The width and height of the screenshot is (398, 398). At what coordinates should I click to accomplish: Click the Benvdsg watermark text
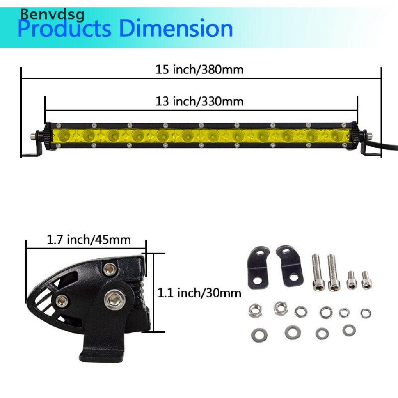(x=52, y=15)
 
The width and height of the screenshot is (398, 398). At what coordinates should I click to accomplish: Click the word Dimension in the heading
(x=176, y=28)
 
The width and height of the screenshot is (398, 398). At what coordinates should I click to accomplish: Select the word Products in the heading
(x=65, y=29)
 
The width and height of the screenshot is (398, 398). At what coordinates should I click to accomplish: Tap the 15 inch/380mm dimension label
(x=199, y=70)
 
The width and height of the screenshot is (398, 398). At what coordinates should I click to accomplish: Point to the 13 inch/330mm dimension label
(x=199, y=101)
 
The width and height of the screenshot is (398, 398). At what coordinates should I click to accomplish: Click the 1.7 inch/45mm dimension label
(x=89, y=239)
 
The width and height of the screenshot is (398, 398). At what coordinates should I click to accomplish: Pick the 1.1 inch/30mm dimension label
(x=199, y=293)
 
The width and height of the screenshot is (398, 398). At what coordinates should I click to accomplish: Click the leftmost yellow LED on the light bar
(x=64, y=136)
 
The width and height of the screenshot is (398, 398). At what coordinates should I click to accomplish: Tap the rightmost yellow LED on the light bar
(x=337, y=136)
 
